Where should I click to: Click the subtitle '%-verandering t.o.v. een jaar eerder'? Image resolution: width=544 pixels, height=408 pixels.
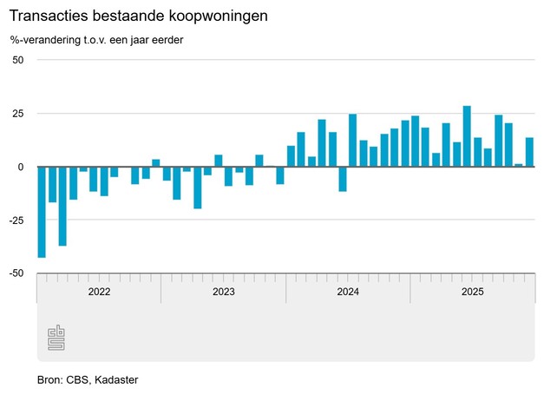(97, 40)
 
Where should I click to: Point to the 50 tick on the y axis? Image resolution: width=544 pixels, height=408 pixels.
(17, 60)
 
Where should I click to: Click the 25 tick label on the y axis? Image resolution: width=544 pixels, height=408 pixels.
(17, 114)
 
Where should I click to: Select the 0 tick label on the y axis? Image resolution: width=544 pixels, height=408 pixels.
(20, 167)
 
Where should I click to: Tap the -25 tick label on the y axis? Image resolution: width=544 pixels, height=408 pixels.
(15, 220)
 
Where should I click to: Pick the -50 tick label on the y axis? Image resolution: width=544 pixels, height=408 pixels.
(15, 273)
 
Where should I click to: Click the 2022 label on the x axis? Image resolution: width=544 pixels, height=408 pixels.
(99, 292)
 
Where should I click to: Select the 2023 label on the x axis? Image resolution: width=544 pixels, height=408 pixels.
(224, 292)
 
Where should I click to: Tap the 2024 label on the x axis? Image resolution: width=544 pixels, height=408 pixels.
(348, 292)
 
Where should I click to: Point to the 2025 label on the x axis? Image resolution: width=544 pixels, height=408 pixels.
(472, 292)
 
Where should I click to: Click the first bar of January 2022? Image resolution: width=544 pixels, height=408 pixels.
(42, 212)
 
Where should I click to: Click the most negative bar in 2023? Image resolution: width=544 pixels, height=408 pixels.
(197, 188)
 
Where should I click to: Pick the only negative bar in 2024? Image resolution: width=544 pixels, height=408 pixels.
(343, 179)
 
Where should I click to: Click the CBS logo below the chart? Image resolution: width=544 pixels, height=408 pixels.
(56, 339)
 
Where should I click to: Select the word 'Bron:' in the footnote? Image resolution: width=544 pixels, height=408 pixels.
(50, 380)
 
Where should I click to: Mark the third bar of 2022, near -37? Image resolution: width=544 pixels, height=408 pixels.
(62, 206)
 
